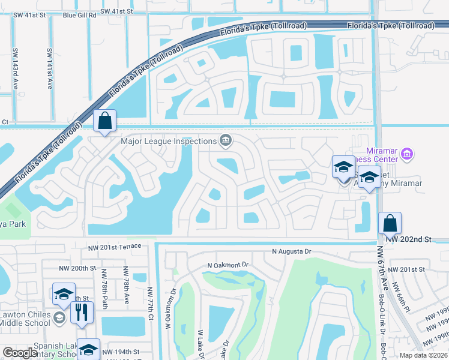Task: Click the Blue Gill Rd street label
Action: click(79, 16)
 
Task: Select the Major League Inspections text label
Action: click(169, 142)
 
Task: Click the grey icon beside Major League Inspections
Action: click(226, 141)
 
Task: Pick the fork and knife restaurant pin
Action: click(82, 312)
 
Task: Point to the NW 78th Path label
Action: click(104, 293)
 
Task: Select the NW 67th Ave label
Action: click(380, 265)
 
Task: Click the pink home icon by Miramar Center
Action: click(407, 154)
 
